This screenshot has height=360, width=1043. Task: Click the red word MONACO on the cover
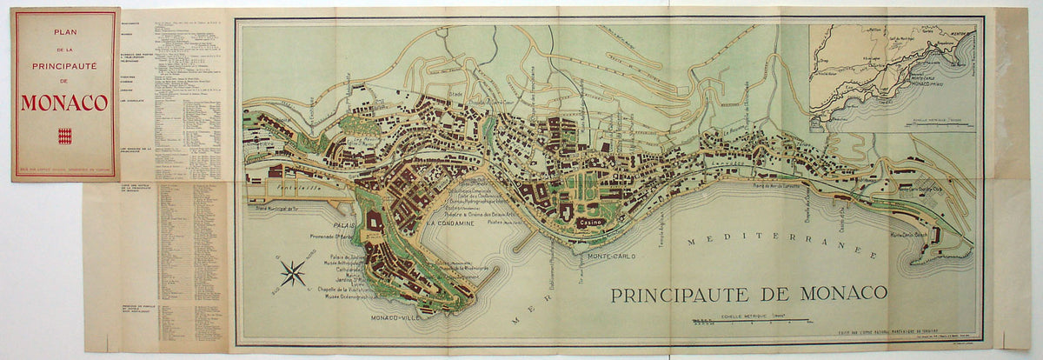[64, 103]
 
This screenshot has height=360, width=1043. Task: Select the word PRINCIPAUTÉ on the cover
[64, 64]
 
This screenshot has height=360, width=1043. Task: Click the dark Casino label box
[587, 223]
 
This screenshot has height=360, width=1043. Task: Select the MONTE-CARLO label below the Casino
[608, 257]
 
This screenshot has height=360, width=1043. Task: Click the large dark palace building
[375, 223]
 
